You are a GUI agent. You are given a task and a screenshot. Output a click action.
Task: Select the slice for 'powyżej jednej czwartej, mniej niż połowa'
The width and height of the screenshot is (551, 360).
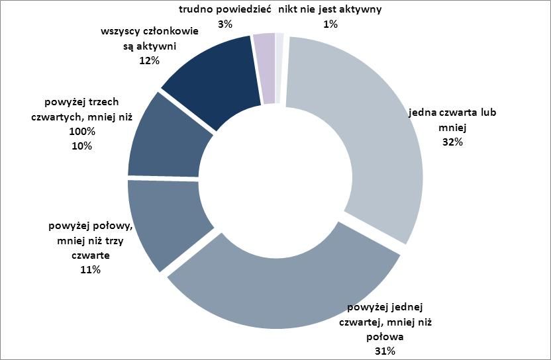pos(285,291)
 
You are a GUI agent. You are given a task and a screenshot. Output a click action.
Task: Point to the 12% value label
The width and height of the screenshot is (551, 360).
pos(149,60)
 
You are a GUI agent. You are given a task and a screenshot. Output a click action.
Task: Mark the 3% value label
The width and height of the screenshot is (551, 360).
pos(225,24)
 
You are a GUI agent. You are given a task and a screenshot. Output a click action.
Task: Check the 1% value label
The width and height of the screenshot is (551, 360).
pos(330,24)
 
